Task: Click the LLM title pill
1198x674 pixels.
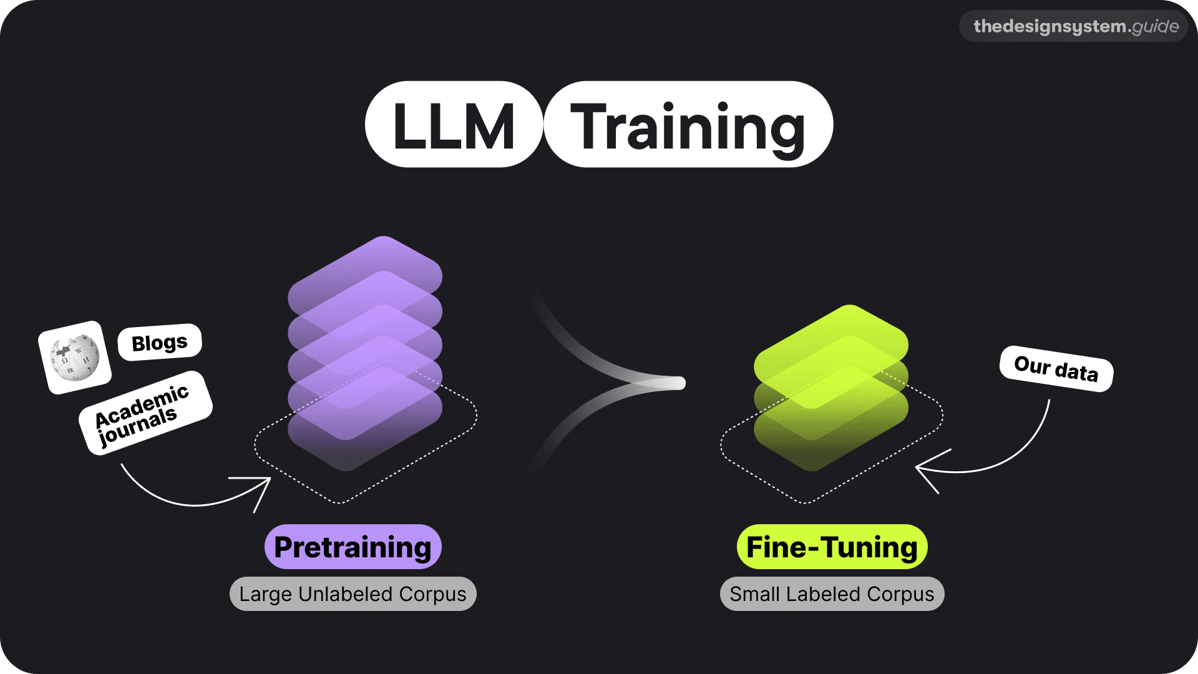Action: click(x=454, y=125)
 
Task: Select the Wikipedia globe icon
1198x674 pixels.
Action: click(x=75, y=358)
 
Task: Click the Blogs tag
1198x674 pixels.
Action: click(x=160, y=342)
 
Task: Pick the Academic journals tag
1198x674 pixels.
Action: click(x=145, y=413)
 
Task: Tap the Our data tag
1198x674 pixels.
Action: click(x=1056, y=368)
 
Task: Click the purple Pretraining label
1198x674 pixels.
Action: click(x=353, y=547)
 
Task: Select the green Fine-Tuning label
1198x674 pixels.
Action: click(x=832, y=547)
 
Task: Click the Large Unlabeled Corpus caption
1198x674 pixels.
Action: click(x=353, y=594)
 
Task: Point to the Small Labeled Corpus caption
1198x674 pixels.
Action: click(x=832, y=594)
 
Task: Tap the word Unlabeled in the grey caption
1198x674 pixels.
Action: click(x=345, y=594)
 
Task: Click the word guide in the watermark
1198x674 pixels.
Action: click(x=1155, y=26)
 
